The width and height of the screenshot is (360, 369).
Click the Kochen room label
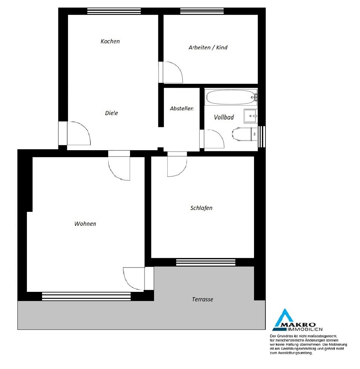pos(110,41)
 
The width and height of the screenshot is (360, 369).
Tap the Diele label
pos(112,113)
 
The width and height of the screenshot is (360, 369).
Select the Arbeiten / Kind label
pos(208,48)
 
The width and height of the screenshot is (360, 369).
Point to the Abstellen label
pos(182,108)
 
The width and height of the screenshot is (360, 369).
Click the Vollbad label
pos(224,117)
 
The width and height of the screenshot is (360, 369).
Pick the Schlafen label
pos(201,208)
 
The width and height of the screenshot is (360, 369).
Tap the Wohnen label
pos(85,224)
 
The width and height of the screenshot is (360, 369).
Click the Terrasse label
pos(202,299)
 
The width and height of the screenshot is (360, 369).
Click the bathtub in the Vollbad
pos(231,97)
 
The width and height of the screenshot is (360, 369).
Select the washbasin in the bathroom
pos(251,116)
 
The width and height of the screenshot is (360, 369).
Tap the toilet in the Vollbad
pos(245,134)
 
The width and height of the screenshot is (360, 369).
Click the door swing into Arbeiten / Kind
pos(172,72)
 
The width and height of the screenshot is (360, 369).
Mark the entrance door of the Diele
pos(79,133)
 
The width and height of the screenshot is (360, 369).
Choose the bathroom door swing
pos(214,139)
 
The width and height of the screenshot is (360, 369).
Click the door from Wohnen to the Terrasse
pos(134,279)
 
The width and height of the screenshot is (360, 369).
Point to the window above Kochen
pos(114,11)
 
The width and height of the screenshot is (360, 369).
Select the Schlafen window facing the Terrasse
pos(206,262)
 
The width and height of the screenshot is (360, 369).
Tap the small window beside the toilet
pos(262,137)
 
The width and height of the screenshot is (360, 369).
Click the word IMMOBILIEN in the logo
pos(305,329)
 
